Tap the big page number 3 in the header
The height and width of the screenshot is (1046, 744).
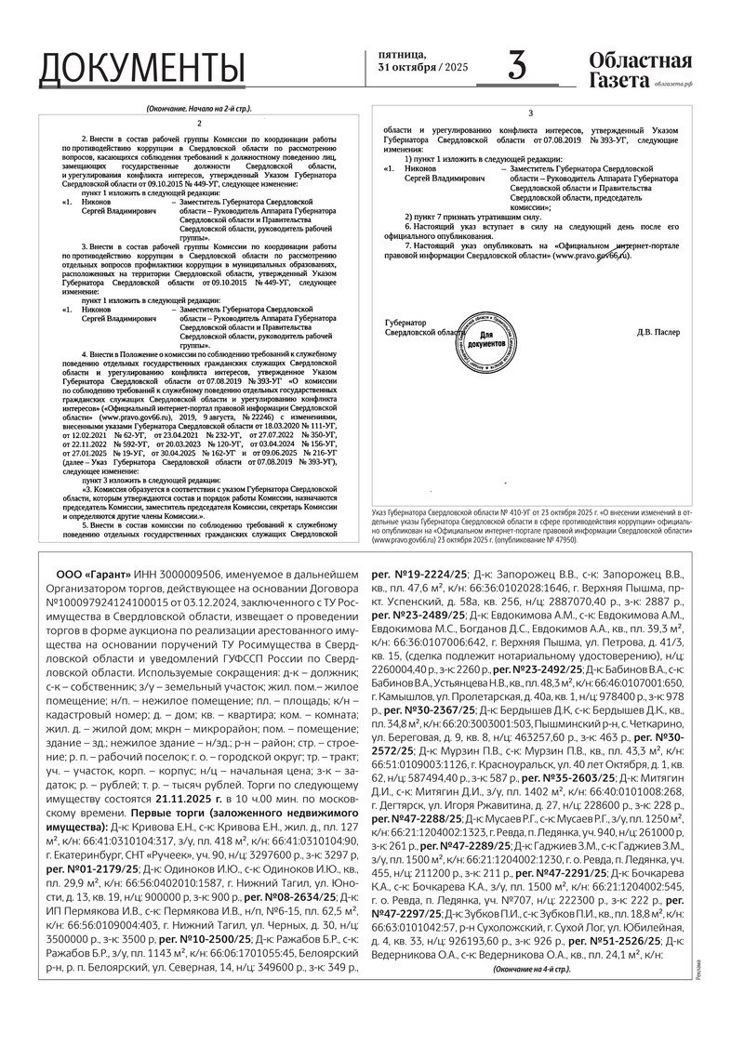517,67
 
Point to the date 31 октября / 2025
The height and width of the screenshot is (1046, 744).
423,68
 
